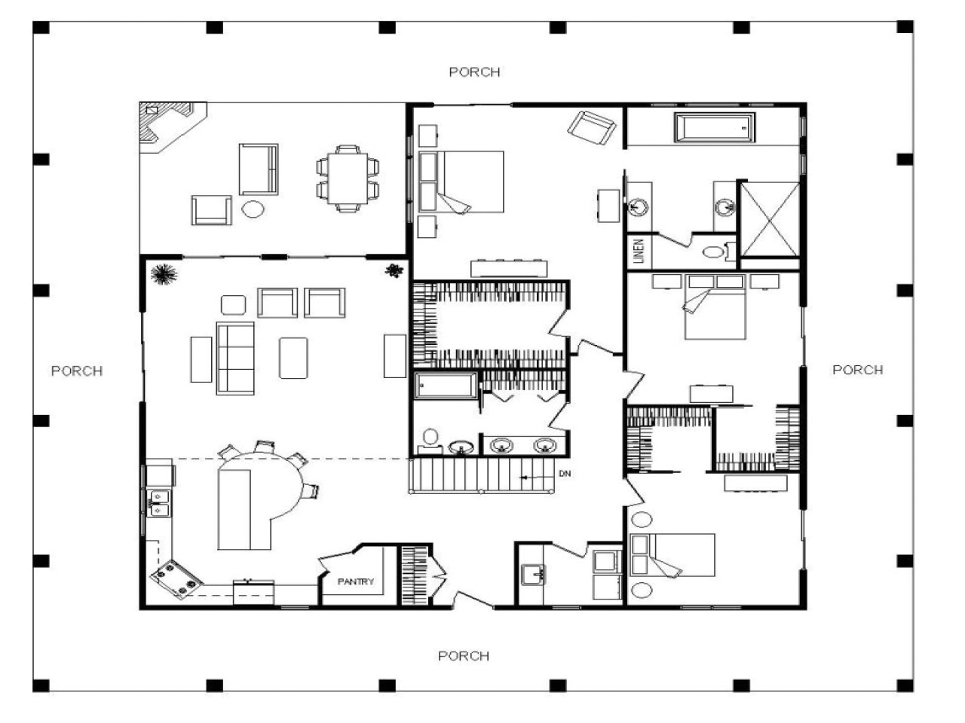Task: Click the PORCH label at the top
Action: click(474, 72)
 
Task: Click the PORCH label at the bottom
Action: click(464, 656)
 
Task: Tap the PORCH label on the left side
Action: click(76, 371)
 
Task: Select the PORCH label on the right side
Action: click(857, 370)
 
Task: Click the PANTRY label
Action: click(355, 581)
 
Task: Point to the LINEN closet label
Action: click(639, 252)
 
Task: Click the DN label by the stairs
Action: click(565, 474)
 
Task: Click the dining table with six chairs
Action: click(348, 178)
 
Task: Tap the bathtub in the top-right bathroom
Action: click(715, 127)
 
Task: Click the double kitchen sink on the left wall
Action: click(158, 502)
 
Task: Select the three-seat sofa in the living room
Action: click(234, 358)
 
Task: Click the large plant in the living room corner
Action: click(163, 275)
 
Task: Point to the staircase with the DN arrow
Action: click(482, 476)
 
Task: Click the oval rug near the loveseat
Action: click(253, 208)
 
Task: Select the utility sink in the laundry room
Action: click(535, 574)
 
